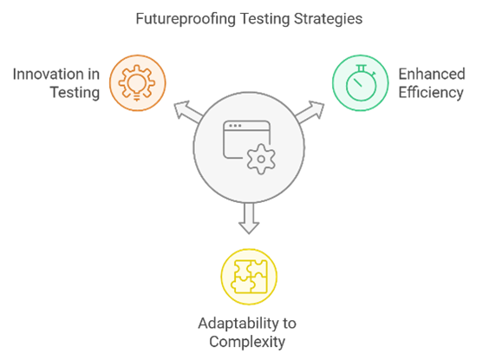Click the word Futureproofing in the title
tap(186, 19)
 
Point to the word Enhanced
tap(432, 75)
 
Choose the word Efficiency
tap(431, 93)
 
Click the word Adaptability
tap(239, 324)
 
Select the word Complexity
tap(247, 342)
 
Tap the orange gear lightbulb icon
tap(137, 82)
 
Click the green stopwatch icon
tap(361, 83)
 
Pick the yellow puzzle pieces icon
tap(249, 277)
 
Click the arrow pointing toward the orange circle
tap(189, 112)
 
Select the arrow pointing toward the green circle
tap(310, 112)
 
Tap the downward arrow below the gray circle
tap(249, 219)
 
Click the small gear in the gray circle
tap(261, 159)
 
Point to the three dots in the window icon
tap(235, 126)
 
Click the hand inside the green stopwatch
tap(357, 82)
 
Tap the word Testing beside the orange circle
tap(75, 93)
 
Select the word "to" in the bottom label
tap(290, 324)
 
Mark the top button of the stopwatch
tap(362, 69)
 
